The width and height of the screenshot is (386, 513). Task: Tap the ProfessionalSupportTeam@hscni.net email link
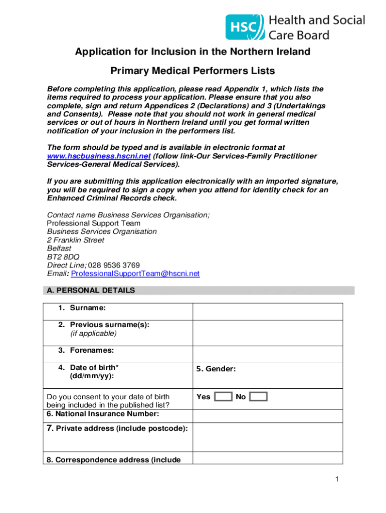click(135, 274)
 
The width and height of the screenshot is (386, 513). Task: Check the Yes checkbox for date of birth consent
click(223, 397)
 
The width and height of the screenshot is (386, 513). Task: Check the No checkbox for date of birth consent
click(258, 397)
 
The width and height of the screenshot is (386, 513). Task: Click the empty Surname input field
click(268, 312)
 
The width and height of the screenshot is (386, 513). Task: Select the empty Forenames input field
click(268, 354)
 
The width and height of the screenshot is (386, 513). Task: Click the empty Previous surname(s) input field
click(268, 333)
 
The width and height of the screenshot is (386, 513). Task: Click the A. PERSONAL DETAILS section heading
click(90, 290)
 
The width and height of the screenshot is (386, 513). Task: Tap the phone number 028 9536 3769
click(114, 265)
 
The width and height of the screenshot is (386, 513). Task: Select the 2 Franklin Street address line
click(76, 240)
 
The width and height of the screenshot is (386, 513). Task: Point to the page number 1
click(338, 480)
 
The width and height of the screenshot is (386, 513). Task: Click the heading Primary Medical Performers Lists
click(192, 71)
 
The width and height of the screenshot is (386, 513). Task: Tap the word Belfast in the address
click(59, 248)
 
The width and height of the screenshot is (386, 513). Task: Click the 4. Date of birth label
click(94, 368)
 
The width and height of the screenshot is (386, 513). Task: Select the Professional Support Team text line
click(94, 223)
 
